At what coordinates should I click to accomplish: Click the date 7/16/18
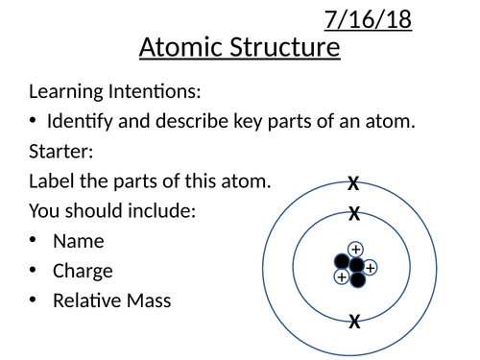(x=369, y=19)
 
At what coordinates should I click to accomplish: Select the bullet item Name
(x=79, y=241)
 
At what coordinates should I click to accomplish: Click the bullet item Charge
(x=83, y=271)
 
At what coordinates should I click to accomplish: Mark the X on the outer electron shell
(x=353, y=183)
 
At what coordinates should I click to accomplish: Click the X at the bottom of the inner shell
(x=354, y=322)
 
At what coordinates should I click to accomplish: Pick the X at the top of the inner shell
(x=354, y=213)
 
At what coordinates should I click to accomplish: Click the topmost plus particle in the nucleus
(x=355, y=249)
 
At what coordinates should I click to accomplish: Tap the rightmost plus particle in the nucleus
(x=370, y=267)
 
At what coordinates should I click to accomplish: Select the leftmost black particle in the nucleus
(x=341, y=261)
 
